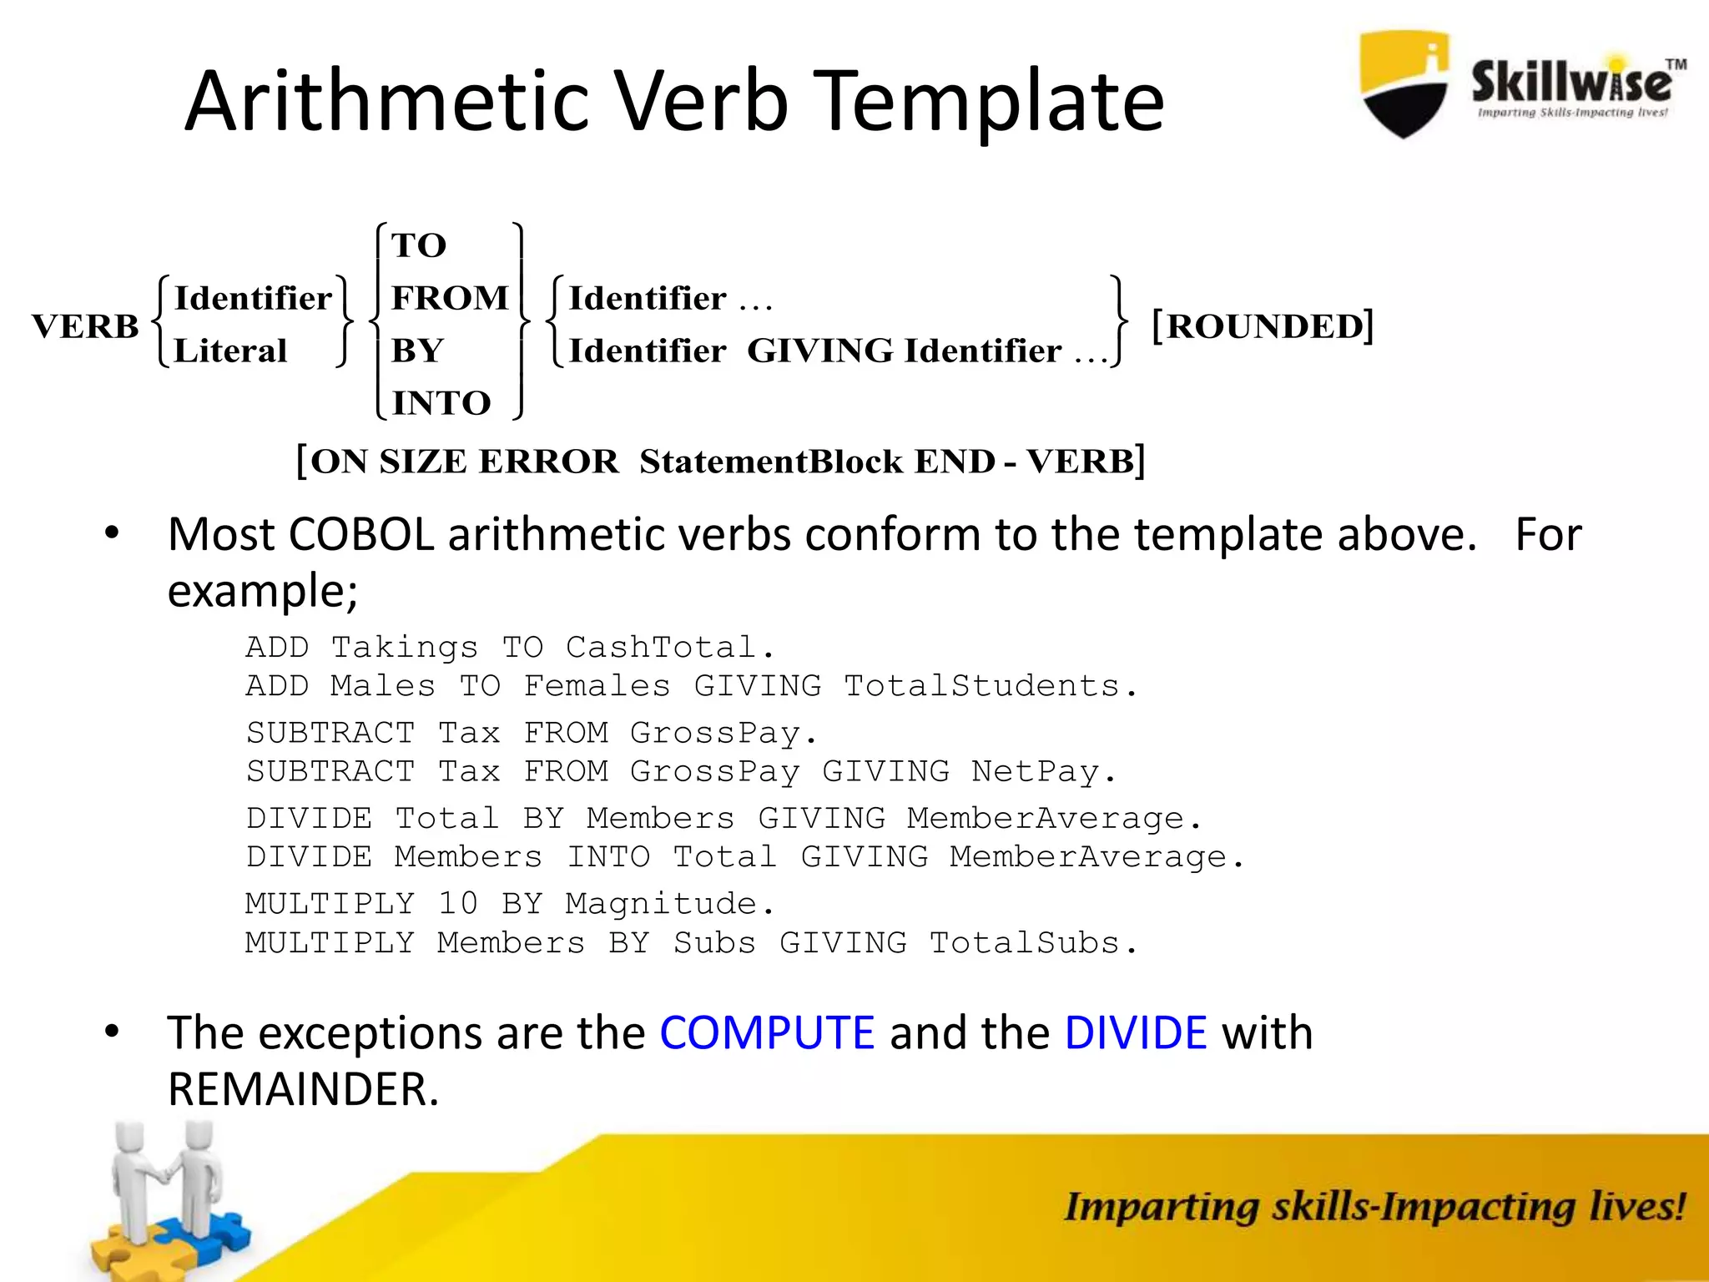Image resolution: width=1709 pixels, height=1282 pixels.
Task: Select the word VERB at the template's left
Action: coord(85,326)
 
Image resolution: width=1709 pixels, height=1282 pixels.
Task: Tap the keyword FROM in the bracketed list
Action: coord(450,298)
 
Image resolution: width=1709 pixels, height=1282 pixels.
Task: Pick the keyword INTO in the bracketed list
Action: coord(441,403)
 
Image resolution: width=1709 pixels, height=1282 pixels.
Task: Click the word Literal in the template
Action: coord(230,351)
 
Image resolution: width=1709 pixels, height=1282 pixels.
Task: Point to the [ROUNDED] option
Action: coord(1262,326)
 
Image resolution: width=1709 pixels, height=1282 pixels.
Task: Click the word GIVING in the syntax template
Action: coord(820,351)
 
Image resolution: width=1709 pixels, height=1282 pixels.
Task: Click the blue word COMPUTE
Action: coord(767,1032)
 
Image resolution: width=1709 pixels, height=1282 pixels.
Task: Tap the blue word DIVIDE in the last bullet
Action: coord(1135,1032)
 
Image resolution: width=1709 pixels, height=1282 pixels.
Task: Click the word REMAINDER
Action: coord(302,1089)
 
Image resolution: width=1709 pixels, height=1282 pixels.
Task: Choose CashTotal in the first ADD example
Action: coord(660,647)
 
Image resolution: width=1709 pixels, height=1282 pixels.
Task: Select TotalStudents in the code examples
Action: coord(981,685)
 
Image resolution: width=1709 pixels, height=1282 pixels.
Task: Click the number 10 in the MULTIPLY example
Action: coord(458,903)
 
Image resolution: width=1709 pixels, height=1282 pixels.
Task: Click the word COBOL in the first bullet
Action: coord(360,534)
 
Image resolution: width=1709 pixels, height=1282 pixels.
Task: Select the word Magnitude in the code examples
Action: coord(660,903)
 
